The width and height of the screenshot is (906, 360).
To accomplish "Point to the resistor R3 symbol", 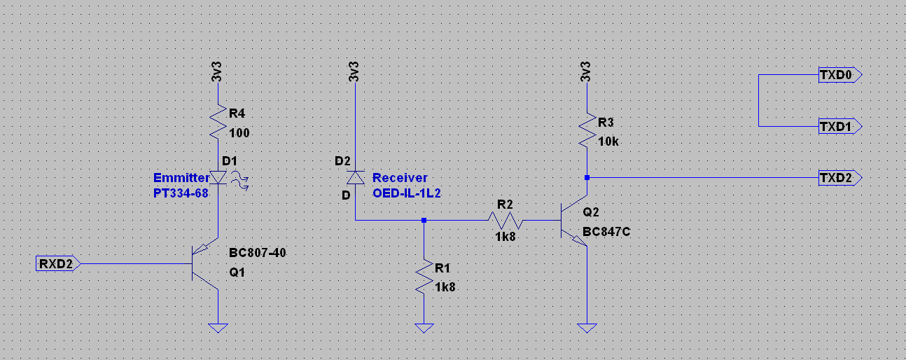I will [587, 129].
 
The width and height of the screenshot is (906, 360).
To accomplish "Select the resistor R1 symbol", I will [424, 277].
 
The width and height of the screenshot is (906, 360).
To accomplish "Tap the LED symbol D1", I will [219, 178].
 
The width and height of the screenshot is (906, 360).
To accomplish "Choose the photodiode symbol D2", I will [355, 178].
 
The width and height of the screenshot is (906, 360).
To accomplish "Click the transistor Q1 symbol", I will [207, 264].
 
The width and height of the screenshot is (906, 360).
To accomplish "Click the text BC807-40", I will [257, 253].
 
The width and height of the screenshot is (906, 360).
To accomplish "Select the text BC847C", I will [606, 231].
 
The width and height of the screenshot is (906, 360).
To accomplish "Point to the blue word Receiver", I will [399, 178].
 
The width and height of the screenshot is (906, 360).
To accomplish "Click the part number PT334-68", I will [181, 193].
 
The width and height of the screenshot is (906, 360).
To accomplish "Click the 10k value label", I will [608, 141].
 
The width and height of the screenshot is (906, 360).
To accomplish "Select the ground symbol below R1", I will [424, 327].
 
